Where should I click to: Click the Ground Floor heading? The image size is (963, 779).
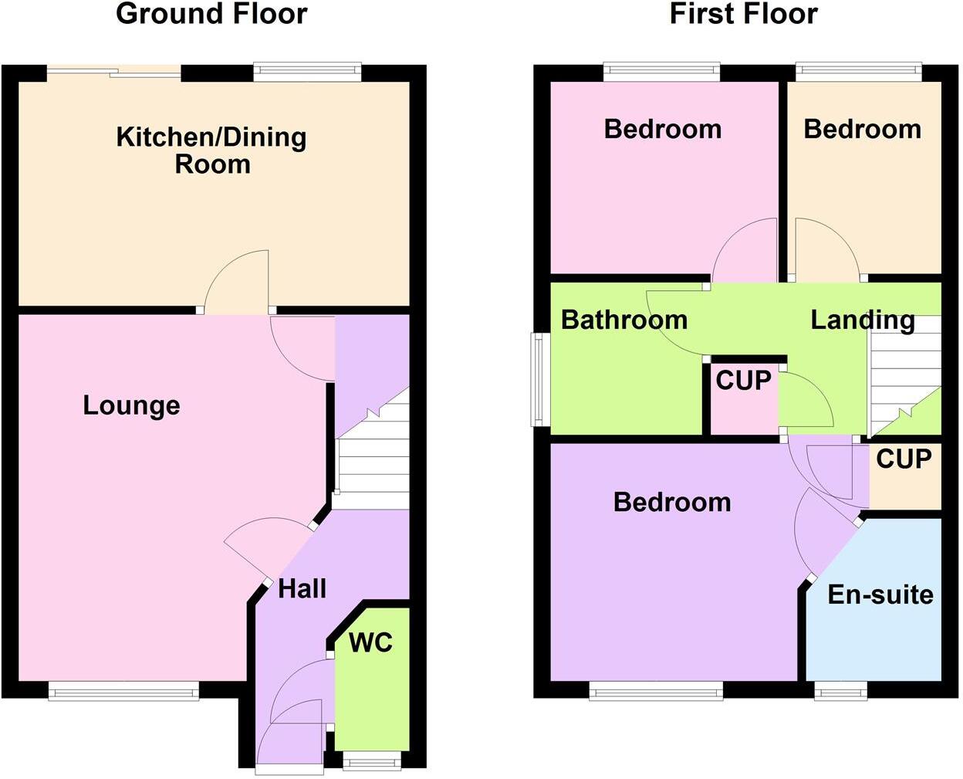211,14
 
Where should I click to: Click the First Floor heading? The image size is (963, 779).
743,14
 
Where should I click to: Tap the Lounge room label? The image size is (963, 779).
131,405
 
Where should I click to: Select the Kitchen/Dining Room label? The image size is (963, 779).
211,150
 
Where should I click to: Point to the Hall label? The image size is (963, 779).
302,589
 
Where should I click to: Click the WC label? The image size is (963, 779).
370,642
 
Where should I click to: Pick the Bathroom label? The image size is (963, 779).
623,320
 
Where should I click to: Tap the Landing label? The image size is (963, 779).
862,320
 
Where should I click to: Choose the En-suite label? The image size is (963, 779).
880,594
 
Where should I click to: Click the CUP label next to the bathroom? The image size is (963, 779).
743,381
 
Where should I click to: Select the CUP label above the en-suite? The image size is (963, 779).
904,459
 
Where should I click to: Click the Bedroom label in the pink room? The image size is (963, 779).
662,129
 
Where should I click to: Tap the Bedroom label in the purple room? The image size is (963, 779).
671,503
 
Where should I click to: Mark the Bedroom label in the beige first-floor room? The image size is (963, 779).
862,129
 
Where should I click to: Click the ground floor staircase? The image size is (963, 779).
373,463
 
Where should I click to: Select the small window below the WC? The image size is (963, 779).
372,760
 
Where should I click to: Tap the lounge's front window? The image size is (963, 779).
123,690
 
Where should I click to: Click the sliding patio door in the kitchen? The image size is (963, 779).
114,73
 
